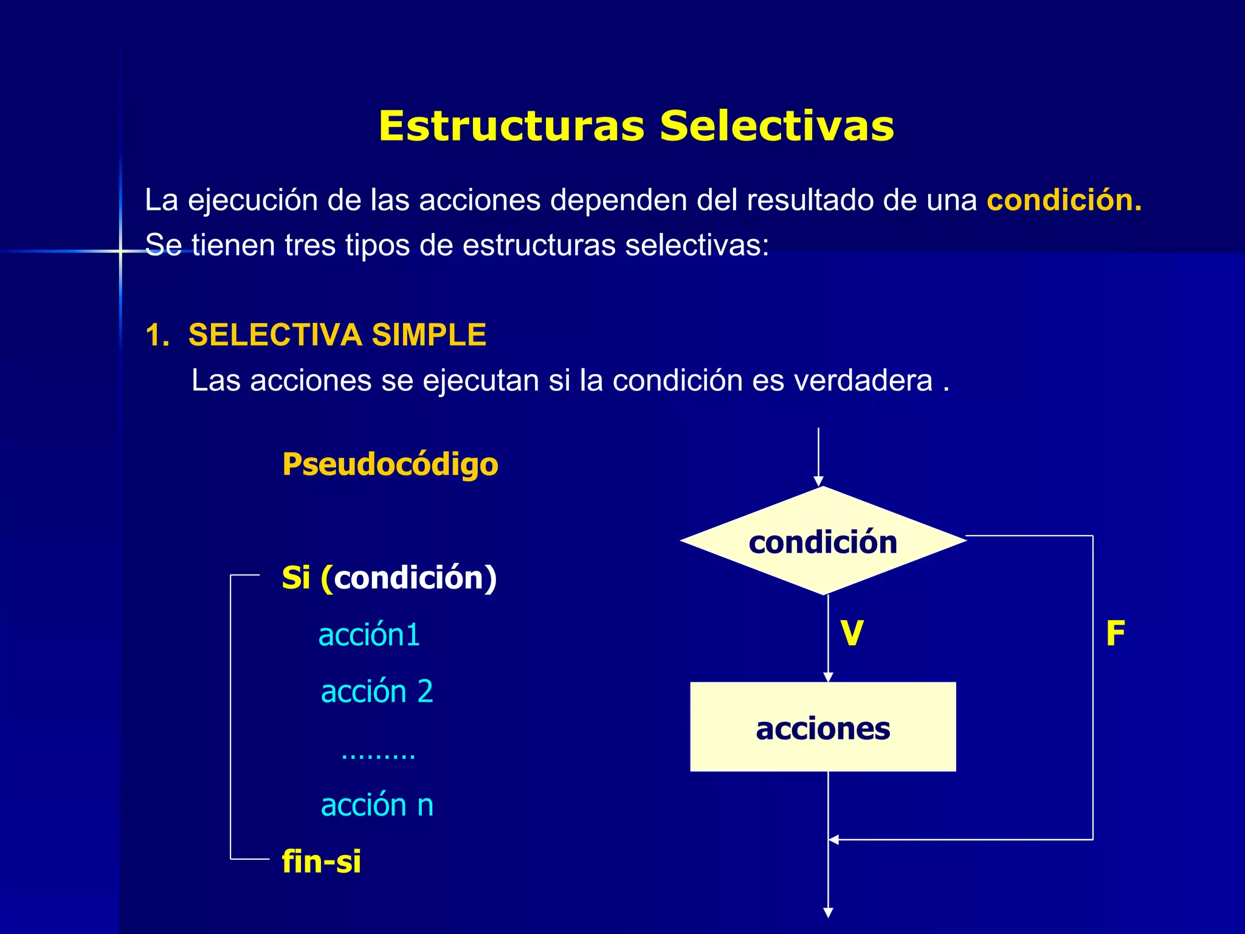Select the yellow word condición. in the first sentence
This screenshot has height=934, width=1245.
click(x=1064, y=200)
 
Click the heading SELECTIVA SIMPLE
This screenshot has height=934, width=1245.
click(x=337, y=335)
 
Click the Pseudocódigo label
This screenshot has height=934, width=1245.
click(x=390, y=465)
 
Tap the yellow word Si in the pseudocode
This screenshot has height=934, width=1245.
click(x=296, y=578)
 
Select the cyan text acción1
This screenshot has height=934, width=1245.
click(x=369, y=635)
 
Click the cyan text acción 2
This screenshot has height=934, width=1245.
click(x=377, y=692)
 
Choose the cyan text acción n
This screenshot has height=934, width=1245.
click(x=377, y=805)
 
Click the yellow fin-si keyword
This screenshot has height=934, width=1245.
click(x=322, y=862)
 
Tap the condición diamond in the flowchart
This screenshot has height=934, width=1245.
click(x=823, y=541)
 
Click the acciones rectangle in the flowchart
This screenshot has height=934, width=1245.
click(x=823, y=727)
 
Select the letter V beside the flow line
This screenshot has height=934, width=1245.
click(x=852, y=634)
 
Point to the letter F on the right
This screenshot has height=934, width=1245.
click(x=1115, y=634)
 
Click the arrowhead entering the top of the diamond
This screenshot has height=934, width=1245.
click(x=819, y=482)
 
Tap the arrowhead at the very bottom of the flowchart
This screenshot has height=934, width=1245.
click(x=828, y=913)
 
